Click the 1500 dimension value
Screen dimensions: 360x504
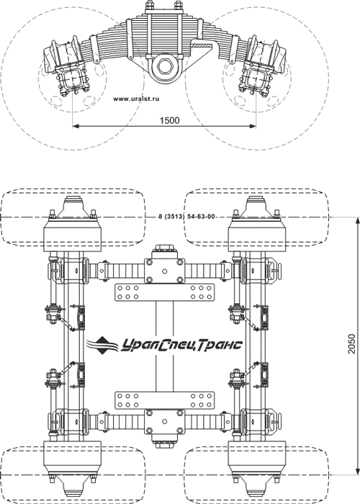tap(169, 120)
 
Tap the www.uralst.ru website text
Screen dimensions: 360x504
tap(136, 99)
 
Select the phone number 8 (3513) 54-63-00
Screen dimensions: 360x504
tap(186, 216)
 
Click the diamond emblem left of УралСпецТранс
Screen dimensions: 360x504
tap(103, 345)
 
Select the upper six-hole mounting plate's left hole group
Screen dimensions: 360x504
tap(128, 292)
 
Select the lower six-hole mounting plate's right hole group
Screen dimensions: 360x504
tap(201, 400)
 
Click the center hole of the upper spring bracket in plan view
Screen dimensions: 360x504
tap(164, 271)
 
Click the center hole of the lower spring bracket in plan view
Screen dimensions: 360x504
tap(164, 422)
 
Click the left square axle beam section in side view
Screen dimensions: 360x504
tap(72, 78)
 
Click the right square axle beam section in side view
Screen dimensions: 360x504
tap(256, 78)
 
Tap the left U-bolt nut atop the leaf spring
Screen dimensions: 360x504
tap(150, 6)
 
